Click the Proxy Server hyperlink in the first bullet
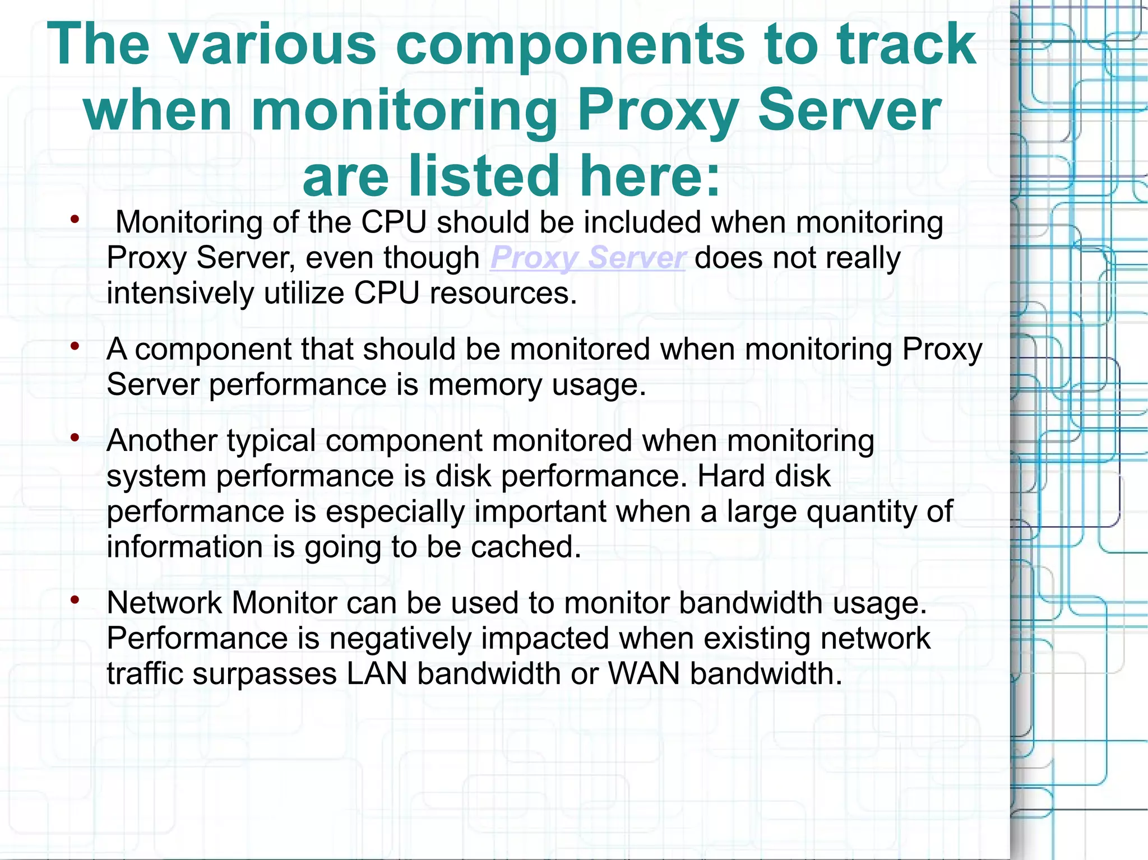[x=587, y=258]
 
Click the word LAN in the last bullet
[x=377, y=673]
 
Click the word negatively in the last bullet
[x=400, y=639]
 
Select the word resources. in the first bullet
[x=503, y=294]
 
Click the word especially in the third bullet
[x=395, y=512]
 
